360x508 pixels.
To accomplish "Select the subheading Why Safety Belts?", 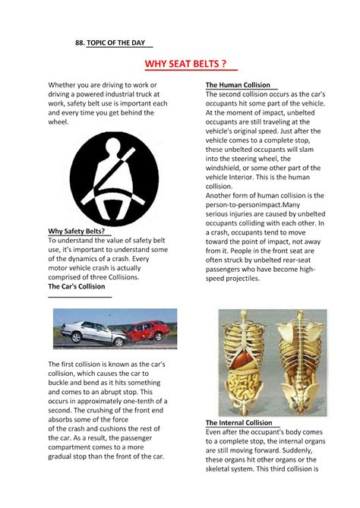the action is click(x=77, y=231).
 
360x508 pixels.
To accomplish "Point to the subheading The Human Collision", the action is click(x=241, y=84).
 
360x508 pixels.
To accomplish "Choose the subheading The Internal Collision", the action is click(x=238, y=422).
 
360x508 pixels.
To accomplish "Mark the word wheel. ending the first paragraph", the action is click(x=60, y=121).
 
